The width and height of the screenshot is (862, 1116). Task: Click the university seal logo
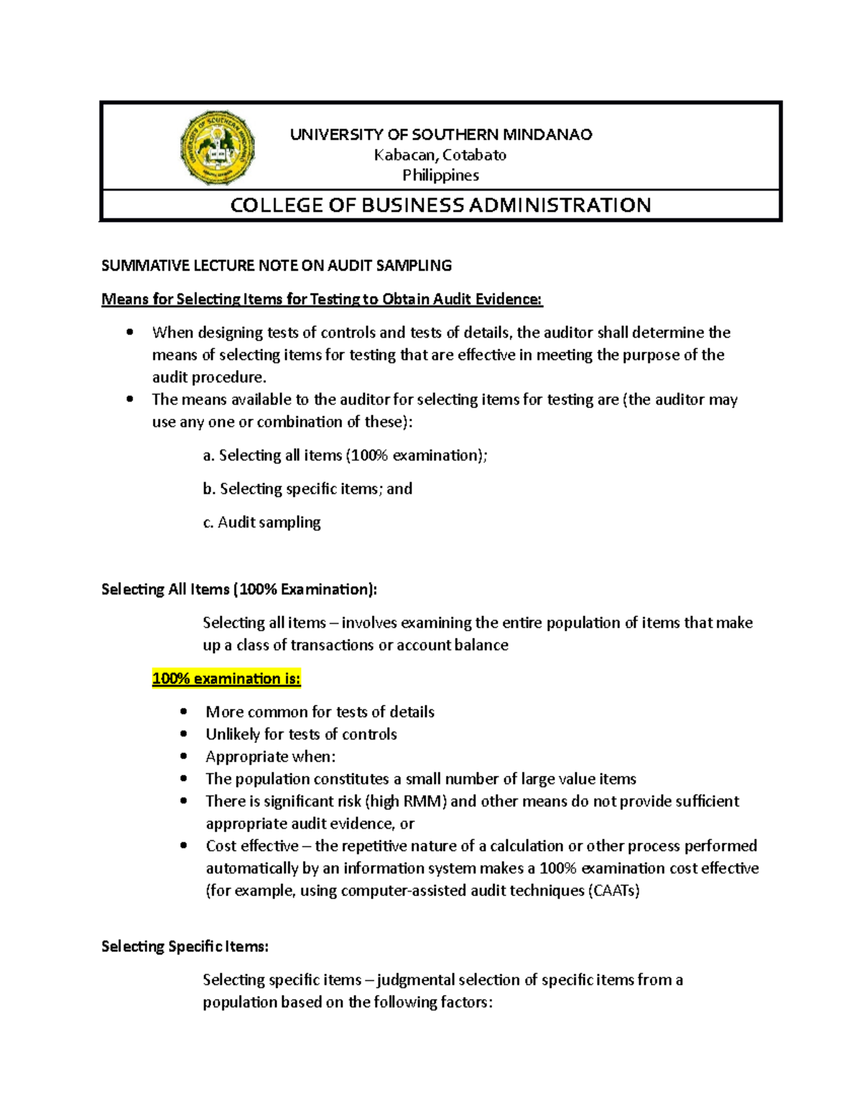[x=218, y=147]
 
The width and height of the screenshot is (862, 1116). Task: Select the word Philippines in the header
[x=440, y=175]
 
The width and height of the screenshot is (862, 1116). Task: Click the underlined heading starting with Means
[x=322, y=299]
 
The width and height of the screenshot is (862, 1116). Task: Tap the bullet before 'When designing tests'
[x=130, y=332]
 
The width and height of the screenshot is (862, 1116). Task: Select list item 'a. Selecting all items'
[x=345, y=456]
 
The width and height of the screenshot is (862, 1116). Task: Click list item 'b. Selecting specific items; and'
[x=307, y=489]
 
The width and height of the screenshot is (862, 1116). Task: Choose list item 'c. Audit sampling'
[x=261, y=522]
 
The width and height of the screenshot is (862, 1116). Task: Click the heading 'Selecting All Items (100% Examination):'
[x=239, y=589]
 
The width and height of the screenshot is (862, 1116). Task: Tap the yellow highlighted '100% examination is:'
[x=226, y=678]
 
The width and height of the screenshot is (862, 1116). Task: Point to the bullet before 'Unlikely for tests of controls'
[x=185, y=734]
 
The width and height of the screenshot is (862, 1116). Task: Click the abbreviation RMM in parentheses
[x=422, y=801]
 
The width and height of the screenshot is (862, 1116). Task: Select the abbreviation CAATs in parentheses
[x=614, y=891]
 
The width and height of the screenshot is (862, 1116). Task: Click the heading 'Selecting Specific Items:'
[x=185, y=946]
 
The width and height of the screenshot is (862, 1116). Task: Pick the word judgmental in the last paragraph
[x=415, y=980]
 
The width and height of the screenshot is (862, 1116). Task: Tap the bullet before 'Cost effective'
[x=185, y=846]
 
